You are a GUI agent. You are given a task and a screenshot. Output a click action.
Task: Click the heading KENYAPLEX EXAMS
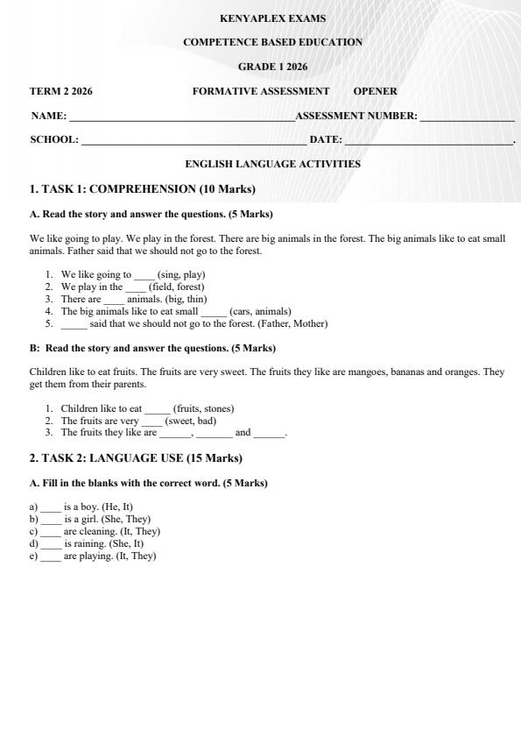pyautogui.click(x=272, y=18)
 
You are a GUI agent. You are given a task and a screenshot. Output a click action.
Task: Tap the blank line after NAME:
pyautogui.click(x=181, y=117)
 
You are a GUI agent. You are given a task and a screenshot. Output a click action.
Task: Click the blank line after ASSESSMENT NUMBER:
pyautogui.click(x=467, y=117)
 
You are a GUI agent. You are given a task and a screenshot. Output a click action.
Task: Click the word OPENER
pyautogui.click(x=375, y=91)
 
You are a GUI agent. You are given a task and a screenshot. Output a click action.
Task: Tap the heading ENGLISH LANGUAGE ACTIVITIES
pyautogui.click(x=272, y=164)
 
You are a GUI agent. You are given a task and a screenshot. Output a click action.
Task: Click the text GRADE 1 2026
pyautogui.click(x=272, y=67)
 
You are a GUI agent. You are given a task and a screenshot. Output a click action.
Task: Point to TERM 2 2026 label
pyautogui.click(x=61, y=91)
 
